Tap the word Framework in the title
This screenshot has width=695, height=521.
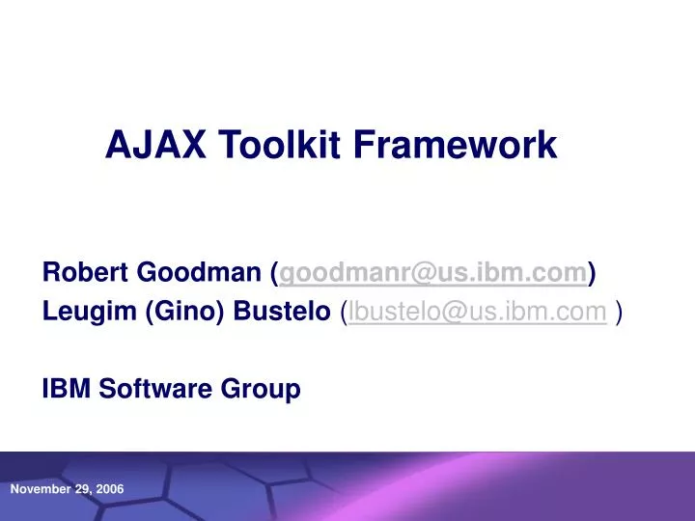[x=455, y=145]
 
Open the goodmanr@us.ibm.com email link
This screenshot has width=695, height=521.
[x=432, y=275]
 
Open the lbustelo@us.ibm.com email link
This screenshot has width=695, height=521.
[x=478, y=312]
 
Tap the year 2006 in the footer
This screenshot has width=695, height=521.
[x=109, y=490]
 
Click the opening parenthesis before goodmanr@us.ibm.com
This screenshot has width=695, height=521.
[x=274, y=275]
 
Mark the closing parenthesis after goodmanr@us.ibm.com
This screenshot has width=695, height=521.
[x=592, y=275]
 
